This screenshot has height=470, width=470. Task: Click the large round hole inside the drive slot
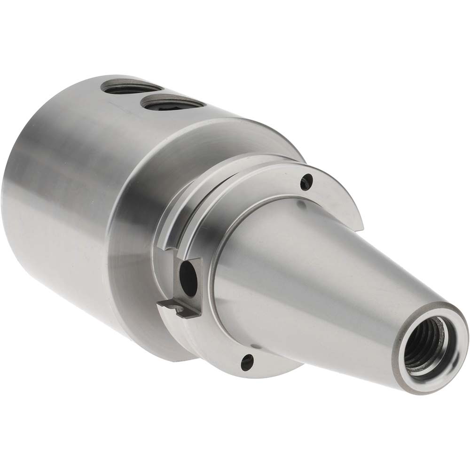coord(188,272)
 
